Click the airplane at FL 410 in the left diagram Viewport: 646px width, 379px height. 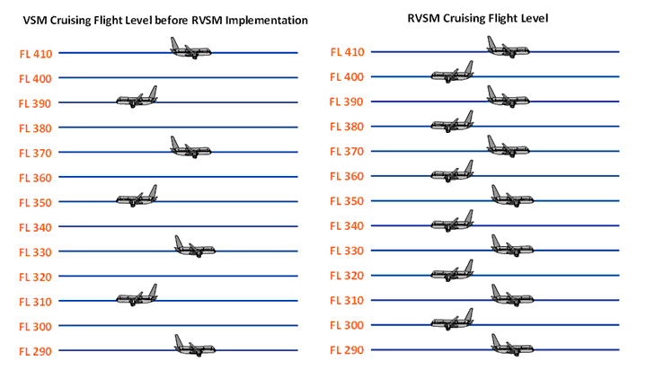pos(191,48)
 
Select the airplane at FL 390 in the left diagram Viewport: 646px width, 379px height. pos(137,98)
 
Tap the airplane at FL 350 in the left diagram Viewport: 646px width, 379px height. pos(137,197)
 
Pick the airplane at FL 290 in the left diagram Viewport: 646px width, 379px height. pos(195,346)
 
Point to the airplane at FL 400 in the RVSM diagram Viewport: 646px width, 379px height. pos(452,73)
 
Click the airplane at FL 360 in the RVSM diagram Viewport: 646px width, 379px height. pos(452,172)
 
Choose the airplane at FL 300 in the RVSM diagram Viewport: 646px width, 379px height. pos(452,320)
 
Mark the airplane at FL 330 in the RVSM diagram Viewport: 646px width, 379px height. pos(512,246)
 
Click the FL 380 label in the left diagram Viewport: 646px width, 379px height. pos(36,128)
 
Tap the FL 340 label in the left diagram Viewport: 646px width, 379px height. pos(36,226)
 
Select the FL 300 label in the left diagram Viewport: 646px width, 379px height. pos(36,325)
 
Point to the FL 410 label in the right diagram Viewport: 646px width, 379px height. pos(347,53)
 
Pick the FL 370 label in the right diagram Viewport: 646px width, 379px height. pos(347,152)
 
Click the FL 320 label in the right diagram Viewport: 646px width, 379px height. pos(347,276)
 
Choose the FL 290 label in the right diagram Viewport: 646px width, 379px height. pos(347,349)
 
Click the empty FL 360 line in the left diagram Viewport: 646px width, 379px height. pos(180,177)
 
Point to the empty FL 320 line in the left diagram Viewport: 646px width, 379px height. pos(180,276)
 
